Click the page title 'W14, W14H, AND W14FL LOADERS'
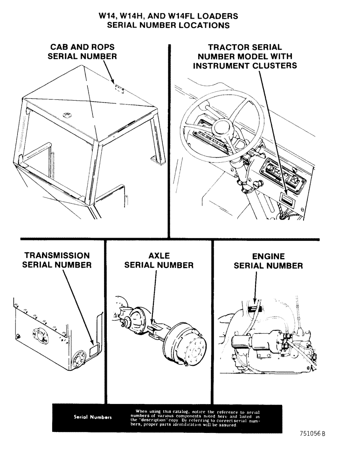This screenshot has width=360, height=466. click(168, 15)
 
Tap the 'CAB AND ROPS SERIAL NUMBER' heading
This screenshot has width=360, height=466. click(82, 52)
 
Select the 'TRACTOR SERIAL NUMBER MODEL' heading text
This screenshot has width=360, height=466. click(244, 56)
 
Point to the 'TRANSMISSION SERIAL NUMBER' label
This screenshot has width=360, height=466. click(57, 260)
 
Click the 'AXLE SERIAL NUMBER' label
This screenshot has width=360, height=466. click(159, 260)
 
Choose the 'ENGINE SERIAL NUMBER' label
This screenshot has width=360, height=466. click(268, 261)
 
